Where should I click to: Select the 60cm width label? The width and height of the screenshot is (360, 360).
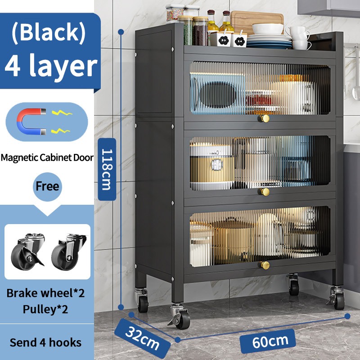(268, 341)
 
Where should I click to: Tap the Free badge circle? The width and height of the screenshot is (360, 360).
(47, 186)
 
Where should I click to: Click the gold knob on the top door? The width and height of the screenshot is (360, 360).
(265, 118)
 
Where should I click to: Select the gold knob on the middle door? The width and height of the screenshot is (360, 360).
(265, 192)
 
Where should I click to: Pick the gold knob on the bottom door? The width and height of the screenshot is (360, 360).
(265, 265)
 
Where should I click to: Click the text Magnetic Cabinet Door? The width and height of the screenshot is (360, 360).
(47, 158)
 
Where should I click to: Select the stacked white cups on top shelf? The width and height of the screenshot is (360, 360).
(299, 37)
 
